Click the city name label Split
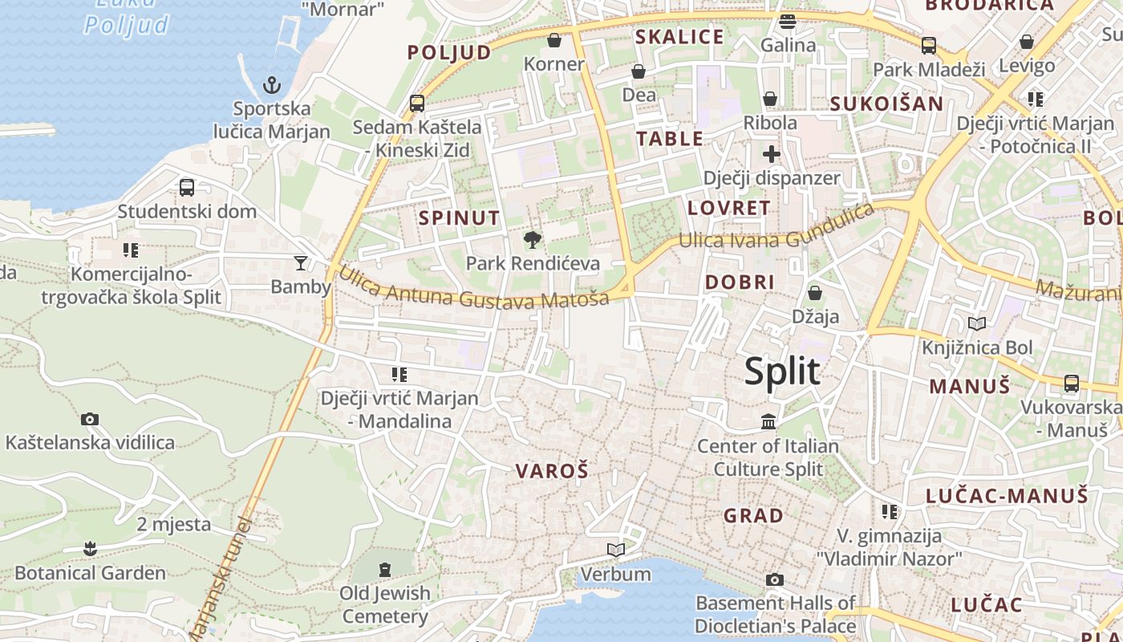pyautogui.click(x=782, y=372)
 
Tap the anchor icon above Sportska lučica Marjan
pyautogui.click(x=272, y=84)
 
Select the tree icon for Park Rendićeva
pyautogui.click(x=531, y=239)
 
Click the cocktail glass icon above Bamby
pyautogui.click(x=301, y=262)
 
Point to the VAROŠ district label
pyautogui.click(x=552, y=471)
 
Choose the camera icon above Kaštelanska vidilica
pyautogui.click(x=90, y=419)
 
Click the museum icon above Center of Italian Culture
pyautogui.click(x=768, y=421)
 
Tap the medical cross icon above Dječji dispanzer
pyautogui.click(x=772, y=153)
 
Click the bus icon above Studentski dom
pyautogui.click(x=187, y=188)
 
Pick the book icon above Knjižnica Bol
pyautogui.click(x=977, y=324)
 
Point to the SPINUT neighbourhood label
pyautogui.click(x=460, y=217)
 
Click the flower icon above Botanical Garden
pyautogui.click(x=90, y=549)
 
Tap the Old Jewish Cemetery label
pyautogui.click(x=385, y=604)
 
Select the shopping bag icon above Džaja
pyautogui.click(x=815, y=293)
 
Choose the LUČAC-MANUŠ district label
pyautogui.click(x=1007, y=496)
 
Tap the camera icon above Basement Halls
pyautogui.click(x=774, y=579)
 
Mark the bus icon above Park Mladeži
pyautogui.click(x=929, y=46)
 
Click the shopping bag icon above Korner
pyautogui.click(x=553, y=40)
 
